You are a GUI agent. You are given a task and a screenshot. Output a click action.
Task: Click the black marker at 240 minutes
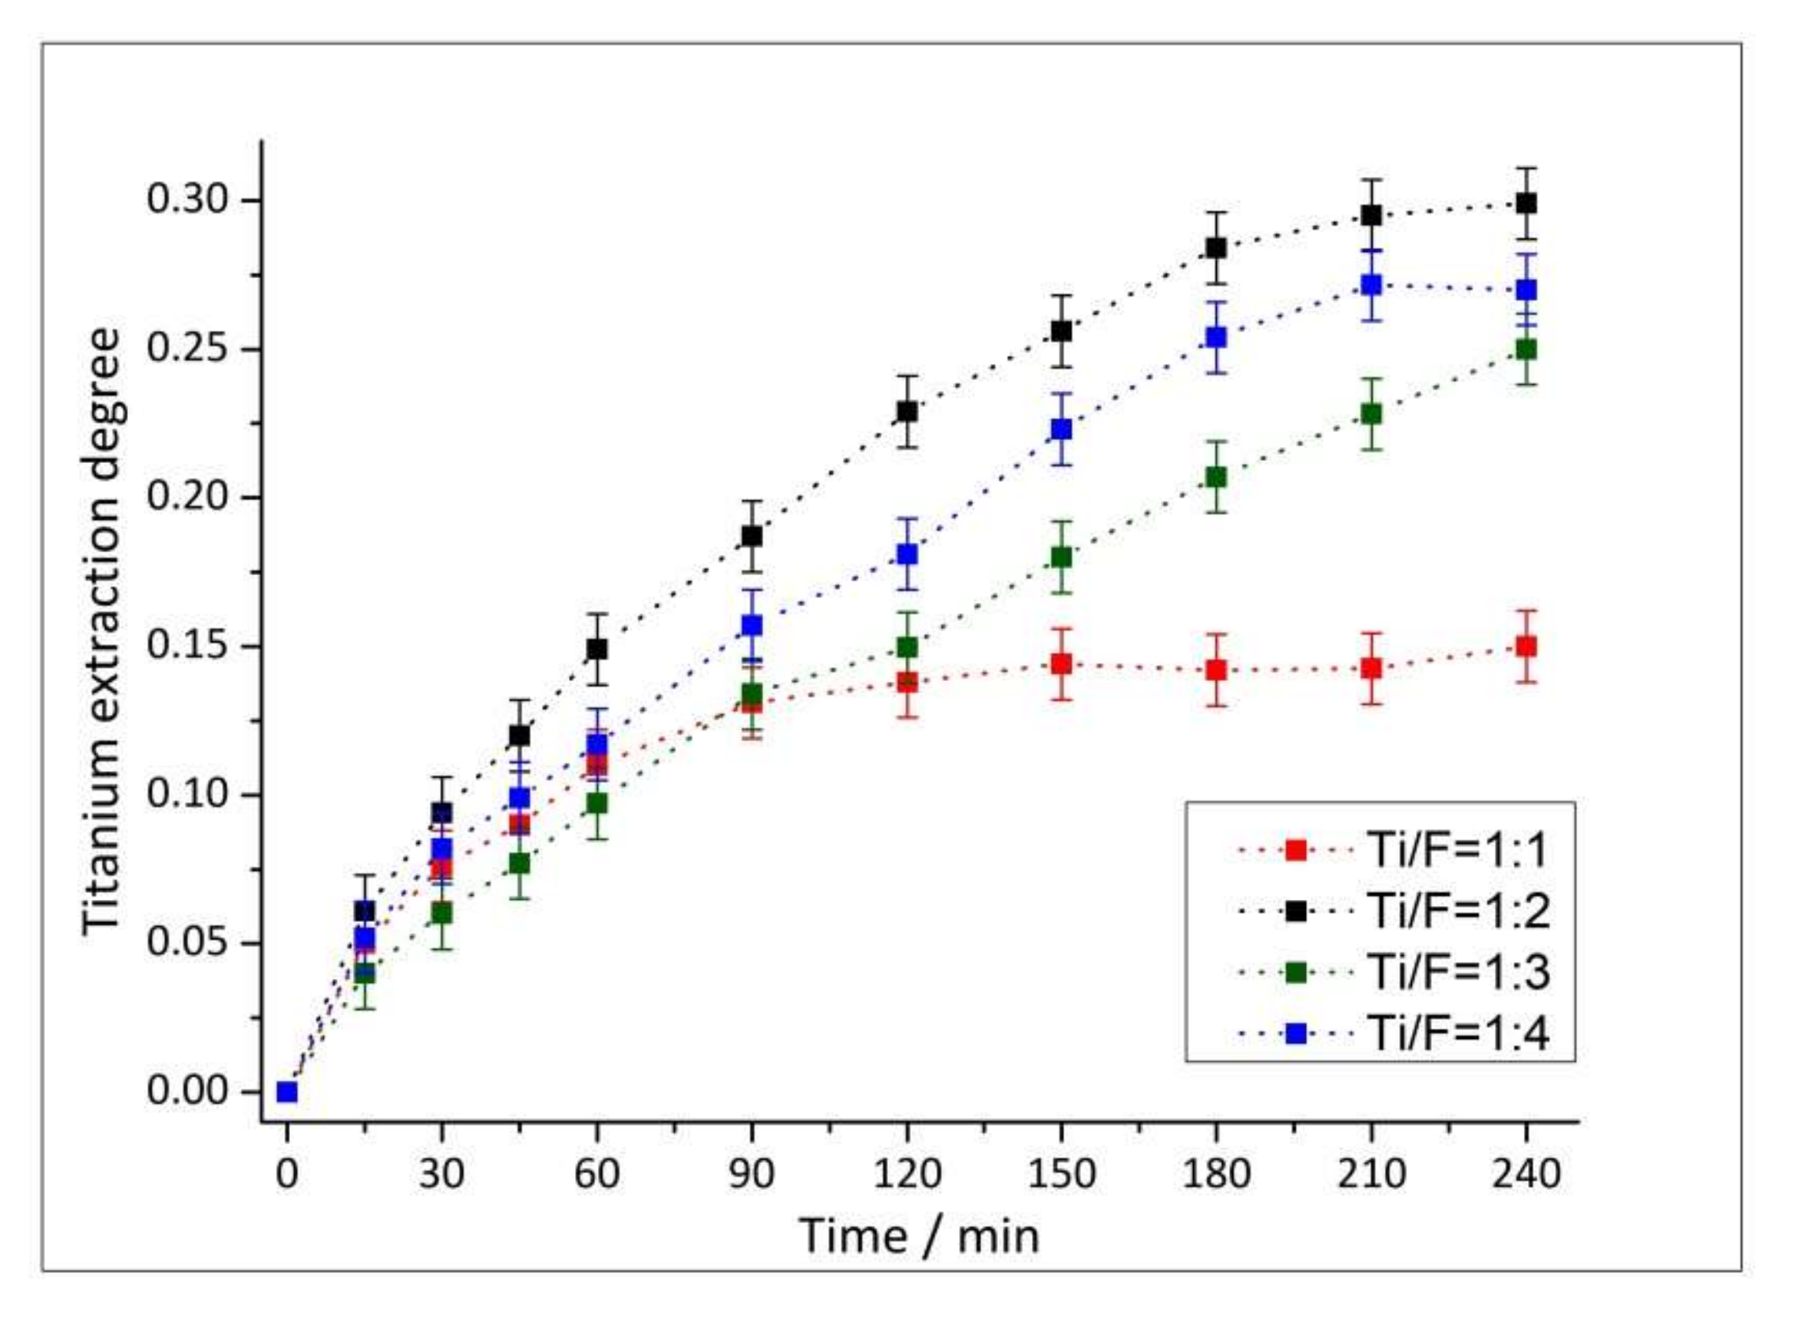pos(1526,204)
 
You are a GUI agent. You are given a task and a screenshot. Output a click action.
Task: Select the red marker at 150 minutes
pos(1061,664)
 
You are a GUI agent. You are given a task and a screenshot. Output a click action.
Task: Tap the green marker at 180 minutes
pos(1216,477)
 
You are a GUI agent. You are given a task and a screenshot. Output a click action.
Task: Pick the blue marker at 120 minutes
pos(907,554)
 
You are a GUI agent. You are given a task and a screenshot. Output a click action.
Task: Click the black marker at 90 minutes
pos(751,536)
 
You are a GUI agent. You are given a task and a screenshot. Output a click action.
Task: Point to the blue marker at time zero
pos(287,1092)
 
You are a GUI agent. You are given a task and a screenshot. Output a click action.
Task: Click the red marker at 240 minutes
pos(1526,646)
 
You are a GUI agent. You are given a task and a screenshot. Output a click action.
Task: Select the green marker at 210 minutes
pos(1372,414)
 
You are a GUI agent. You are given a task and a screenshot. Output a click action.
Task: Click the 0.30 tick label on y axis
pos(188,200)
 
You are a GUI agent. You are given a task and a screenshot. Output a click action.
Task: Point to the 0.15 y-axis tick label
pos(188,646)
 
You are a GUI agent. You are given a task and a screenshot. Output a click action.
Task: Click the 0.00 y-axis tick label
pos(188,1092)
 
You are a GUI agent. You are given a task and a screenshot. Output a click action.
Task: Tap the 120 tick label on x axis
pos(907,1175)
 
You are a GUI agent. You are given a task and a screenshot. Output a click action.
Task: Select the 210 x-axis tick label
pos(1372,1175)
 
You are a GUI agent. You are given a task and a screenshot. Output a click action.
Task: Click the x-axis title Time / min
pos(920,1236)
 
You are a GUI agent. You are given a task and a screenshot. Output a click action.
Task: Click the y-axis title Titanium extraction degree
pos(103,632)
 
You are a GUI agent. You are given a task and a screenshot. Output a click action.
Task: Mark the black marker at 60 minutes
pos(597,649)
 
